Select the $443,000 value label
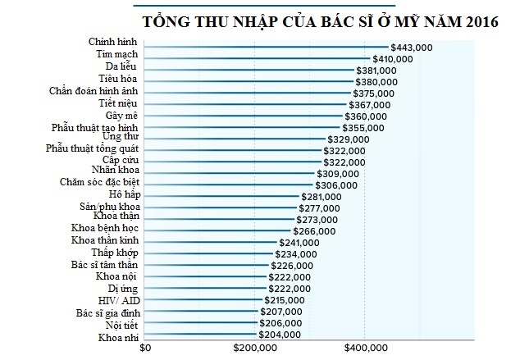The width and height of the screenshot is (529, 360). (412, 48)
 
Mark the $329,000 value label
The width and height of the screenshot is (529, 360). (349, 139)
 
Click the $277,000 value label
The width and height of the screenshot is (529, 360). (319, 208)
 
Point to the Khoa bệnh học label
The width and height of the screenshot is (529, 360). (104, 230)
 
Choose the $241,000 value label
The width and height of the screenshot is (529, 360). (299, 243)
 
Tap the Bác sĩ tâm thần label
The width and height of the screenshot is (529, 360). (104, 266)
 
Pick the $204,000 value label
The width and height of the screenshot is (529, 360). (280, 335)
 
